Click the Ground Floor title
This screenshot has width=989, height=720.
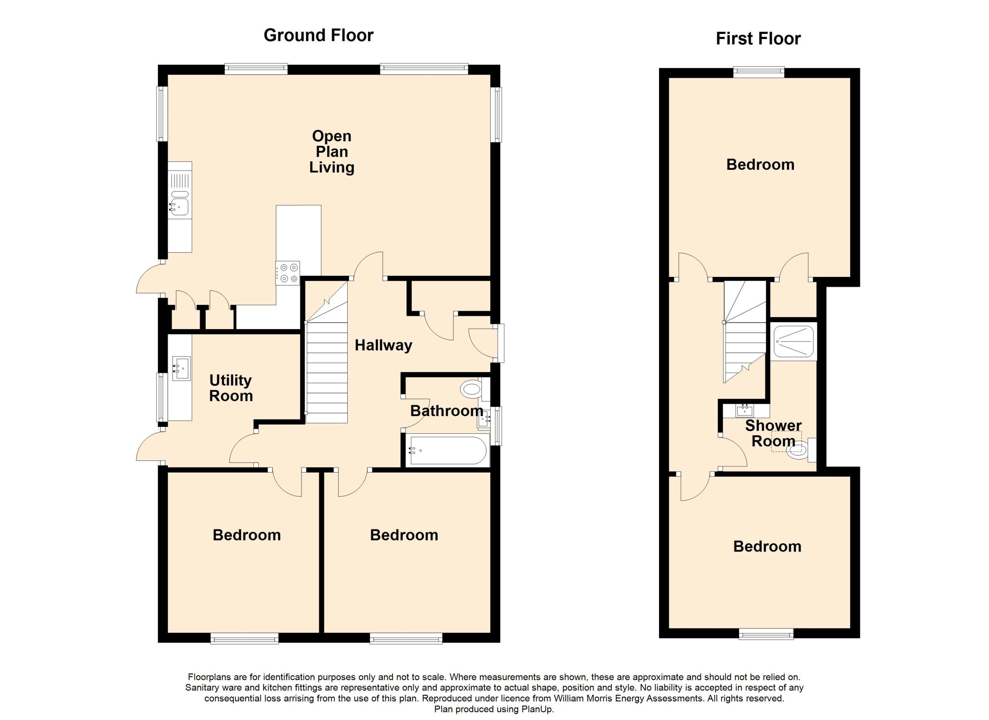318,35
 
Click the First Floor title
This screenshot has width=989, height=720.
758,39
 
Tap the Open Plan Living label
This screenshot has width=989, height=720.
332,152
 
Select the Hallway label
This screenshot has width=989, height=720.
383,345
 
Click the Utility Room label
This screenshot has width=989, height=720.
231,388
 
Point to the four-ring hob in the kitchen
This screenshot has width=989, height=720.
287,273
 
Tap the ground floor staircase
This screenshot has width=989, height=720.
326,352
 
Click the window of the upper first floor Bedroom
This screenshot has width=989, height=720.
759,72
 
